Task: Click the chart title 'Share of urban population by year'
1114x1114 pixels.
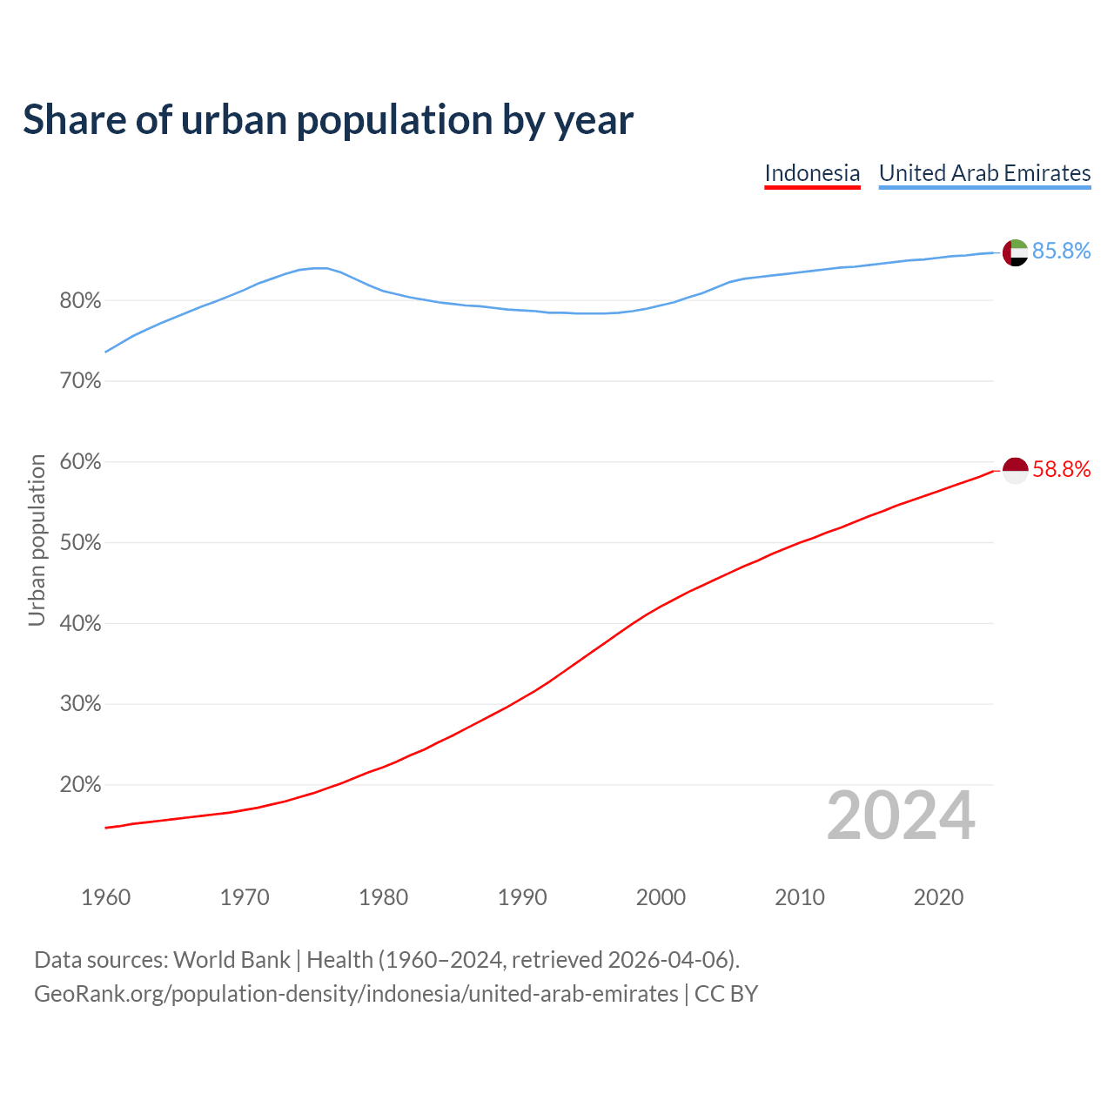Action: coord(328,120)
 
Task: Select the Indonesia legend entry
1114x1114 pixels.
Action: coord(812,173)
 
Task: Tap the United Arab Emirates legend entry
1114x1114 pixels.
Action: coord(984,173)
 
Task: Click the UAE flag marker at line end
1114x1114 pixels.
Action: coord(1015,252)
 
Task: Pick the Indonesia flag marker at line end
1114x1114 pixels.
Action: coord(1015,470)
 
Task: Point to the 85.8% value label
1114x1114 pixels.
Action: coord(1061,252)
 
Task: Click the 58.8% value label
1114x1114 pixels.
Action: coord(1061,470)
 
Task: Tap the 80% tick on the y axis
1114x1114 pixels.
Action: coord(80,301)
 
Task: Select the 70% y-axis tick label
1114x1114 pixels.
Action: coord(80,381)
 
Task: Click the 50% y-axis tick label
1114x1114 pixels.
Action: coord(80,543)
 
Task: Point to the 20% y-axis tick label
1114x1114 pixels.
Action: coord(80,785)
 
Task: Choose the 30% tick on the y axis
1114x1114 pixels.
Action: coord(80,704)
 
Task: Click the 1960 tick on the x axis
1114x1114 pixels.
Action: coord(105,897)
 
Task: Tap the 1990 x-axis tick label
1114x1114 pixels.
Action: coord(522,897)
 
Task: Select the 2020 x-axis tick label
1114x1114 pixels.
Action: coord(938,897)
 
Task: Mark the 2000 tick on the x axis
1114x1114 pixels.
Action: coord(661,897)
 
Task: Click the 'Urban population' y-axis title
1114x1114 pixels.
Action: coord(37,540)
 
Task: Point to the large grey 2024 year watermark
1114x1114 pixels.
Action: coord(900,815)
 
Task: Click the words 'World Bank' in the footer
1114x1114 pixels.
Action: coord(232,960)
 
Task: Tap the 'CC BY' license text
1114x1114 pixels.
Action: coord(726,994)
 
